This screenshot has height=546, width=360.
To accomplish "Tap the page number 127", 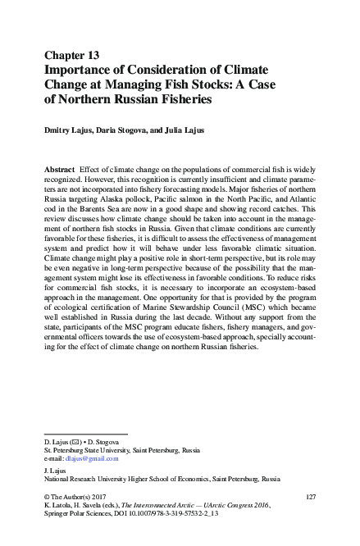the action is point(310,497).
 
